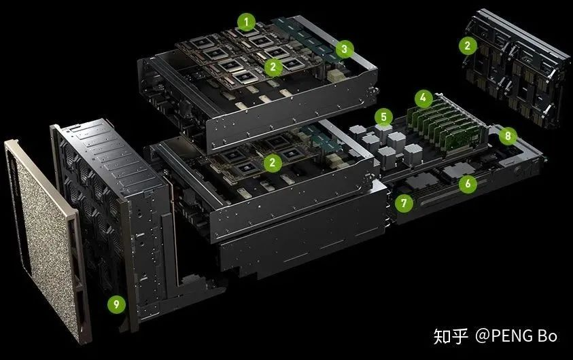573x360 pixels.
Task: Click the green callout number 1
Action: pyautogui.click(x=246, y=22)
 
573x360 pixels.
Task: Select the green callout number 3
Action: pyautogui.click(x=344, y=48)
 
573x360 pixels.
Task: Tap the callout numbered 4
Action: pyautogui.click(x=423, y=98)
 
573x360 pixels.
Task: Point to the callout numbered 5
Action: pyautogui.click(x=384, y=118)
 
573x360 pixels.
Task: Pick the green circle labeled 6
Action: pyautogui.click(x=468, y=183)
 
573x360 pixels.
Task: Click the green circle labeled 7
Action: pyautogui.click(x=404, y=202)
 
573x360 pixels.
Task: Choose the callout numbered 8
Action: pyautogui.click(x=508, y=136)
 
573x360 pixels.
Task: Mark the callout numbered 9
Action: pyautogui.click(x=117, y=304)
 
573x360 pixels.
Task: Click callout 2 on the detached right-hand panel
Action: pyautogui.click(x=468, y=46)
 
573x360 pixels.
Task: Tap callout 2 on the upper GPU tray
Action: pyautogui.click(x=273, y=67)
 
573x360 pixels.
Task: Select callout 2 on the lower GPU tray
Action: pyautogui.click(x=273, y=162)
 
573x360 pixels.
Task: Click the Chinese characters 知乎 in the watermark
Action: pyautogui.click(x=451, y=336)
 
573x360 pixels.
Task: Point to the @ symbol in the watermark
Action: pyautogui.click(x=483, y=336)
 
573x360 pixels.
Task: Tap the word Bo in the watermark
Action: pyautogui.click(x=547, y=336)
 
